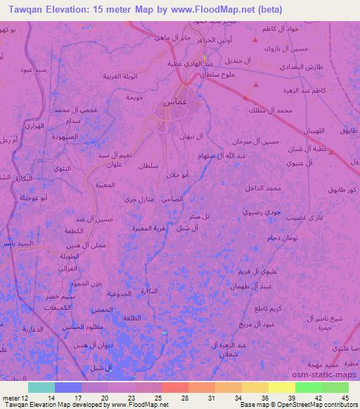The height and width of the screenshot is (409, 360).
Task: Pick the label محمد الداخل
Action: coord(264,188)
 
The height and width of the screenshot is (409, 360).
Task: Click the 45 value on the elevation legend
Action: coord(345,398)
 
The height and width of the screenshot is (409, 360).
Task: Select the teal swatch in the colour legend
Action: coord(41,387)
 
